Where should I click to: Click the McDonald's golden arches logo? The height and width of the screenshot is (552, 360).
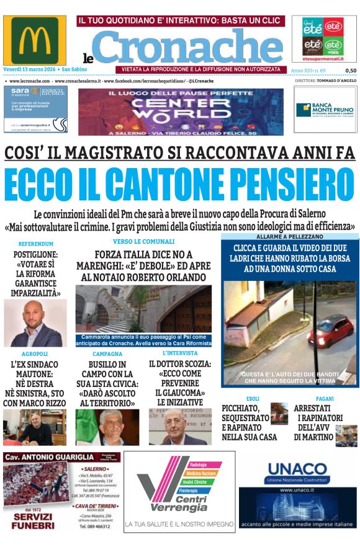click(34, 41)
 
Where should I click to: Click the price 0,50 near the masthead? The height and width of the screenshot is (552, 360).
click(351, 71)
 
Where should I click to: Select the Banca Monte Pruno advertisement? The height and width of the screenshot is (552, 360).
click(325, 110)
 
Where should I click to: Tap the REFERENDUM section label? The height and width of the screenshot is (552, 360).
click(36, 244)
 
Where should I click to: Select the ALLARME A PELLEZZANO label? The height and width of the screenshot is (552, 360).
click(289, 237)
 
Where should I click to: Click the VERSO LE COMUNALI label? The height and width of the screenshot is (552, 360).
click(143, 241)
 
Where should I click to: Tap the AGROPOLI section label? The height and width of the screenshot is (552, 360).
click(34, 354)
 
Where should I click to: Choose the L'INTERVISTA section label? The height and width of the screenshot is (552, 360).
click(176, 354)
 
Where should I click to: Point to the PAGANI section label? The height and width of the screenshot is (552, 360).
click(325, 399)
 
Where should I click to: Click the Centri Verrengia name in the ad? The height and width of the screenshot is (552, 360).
click(180, 504)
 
